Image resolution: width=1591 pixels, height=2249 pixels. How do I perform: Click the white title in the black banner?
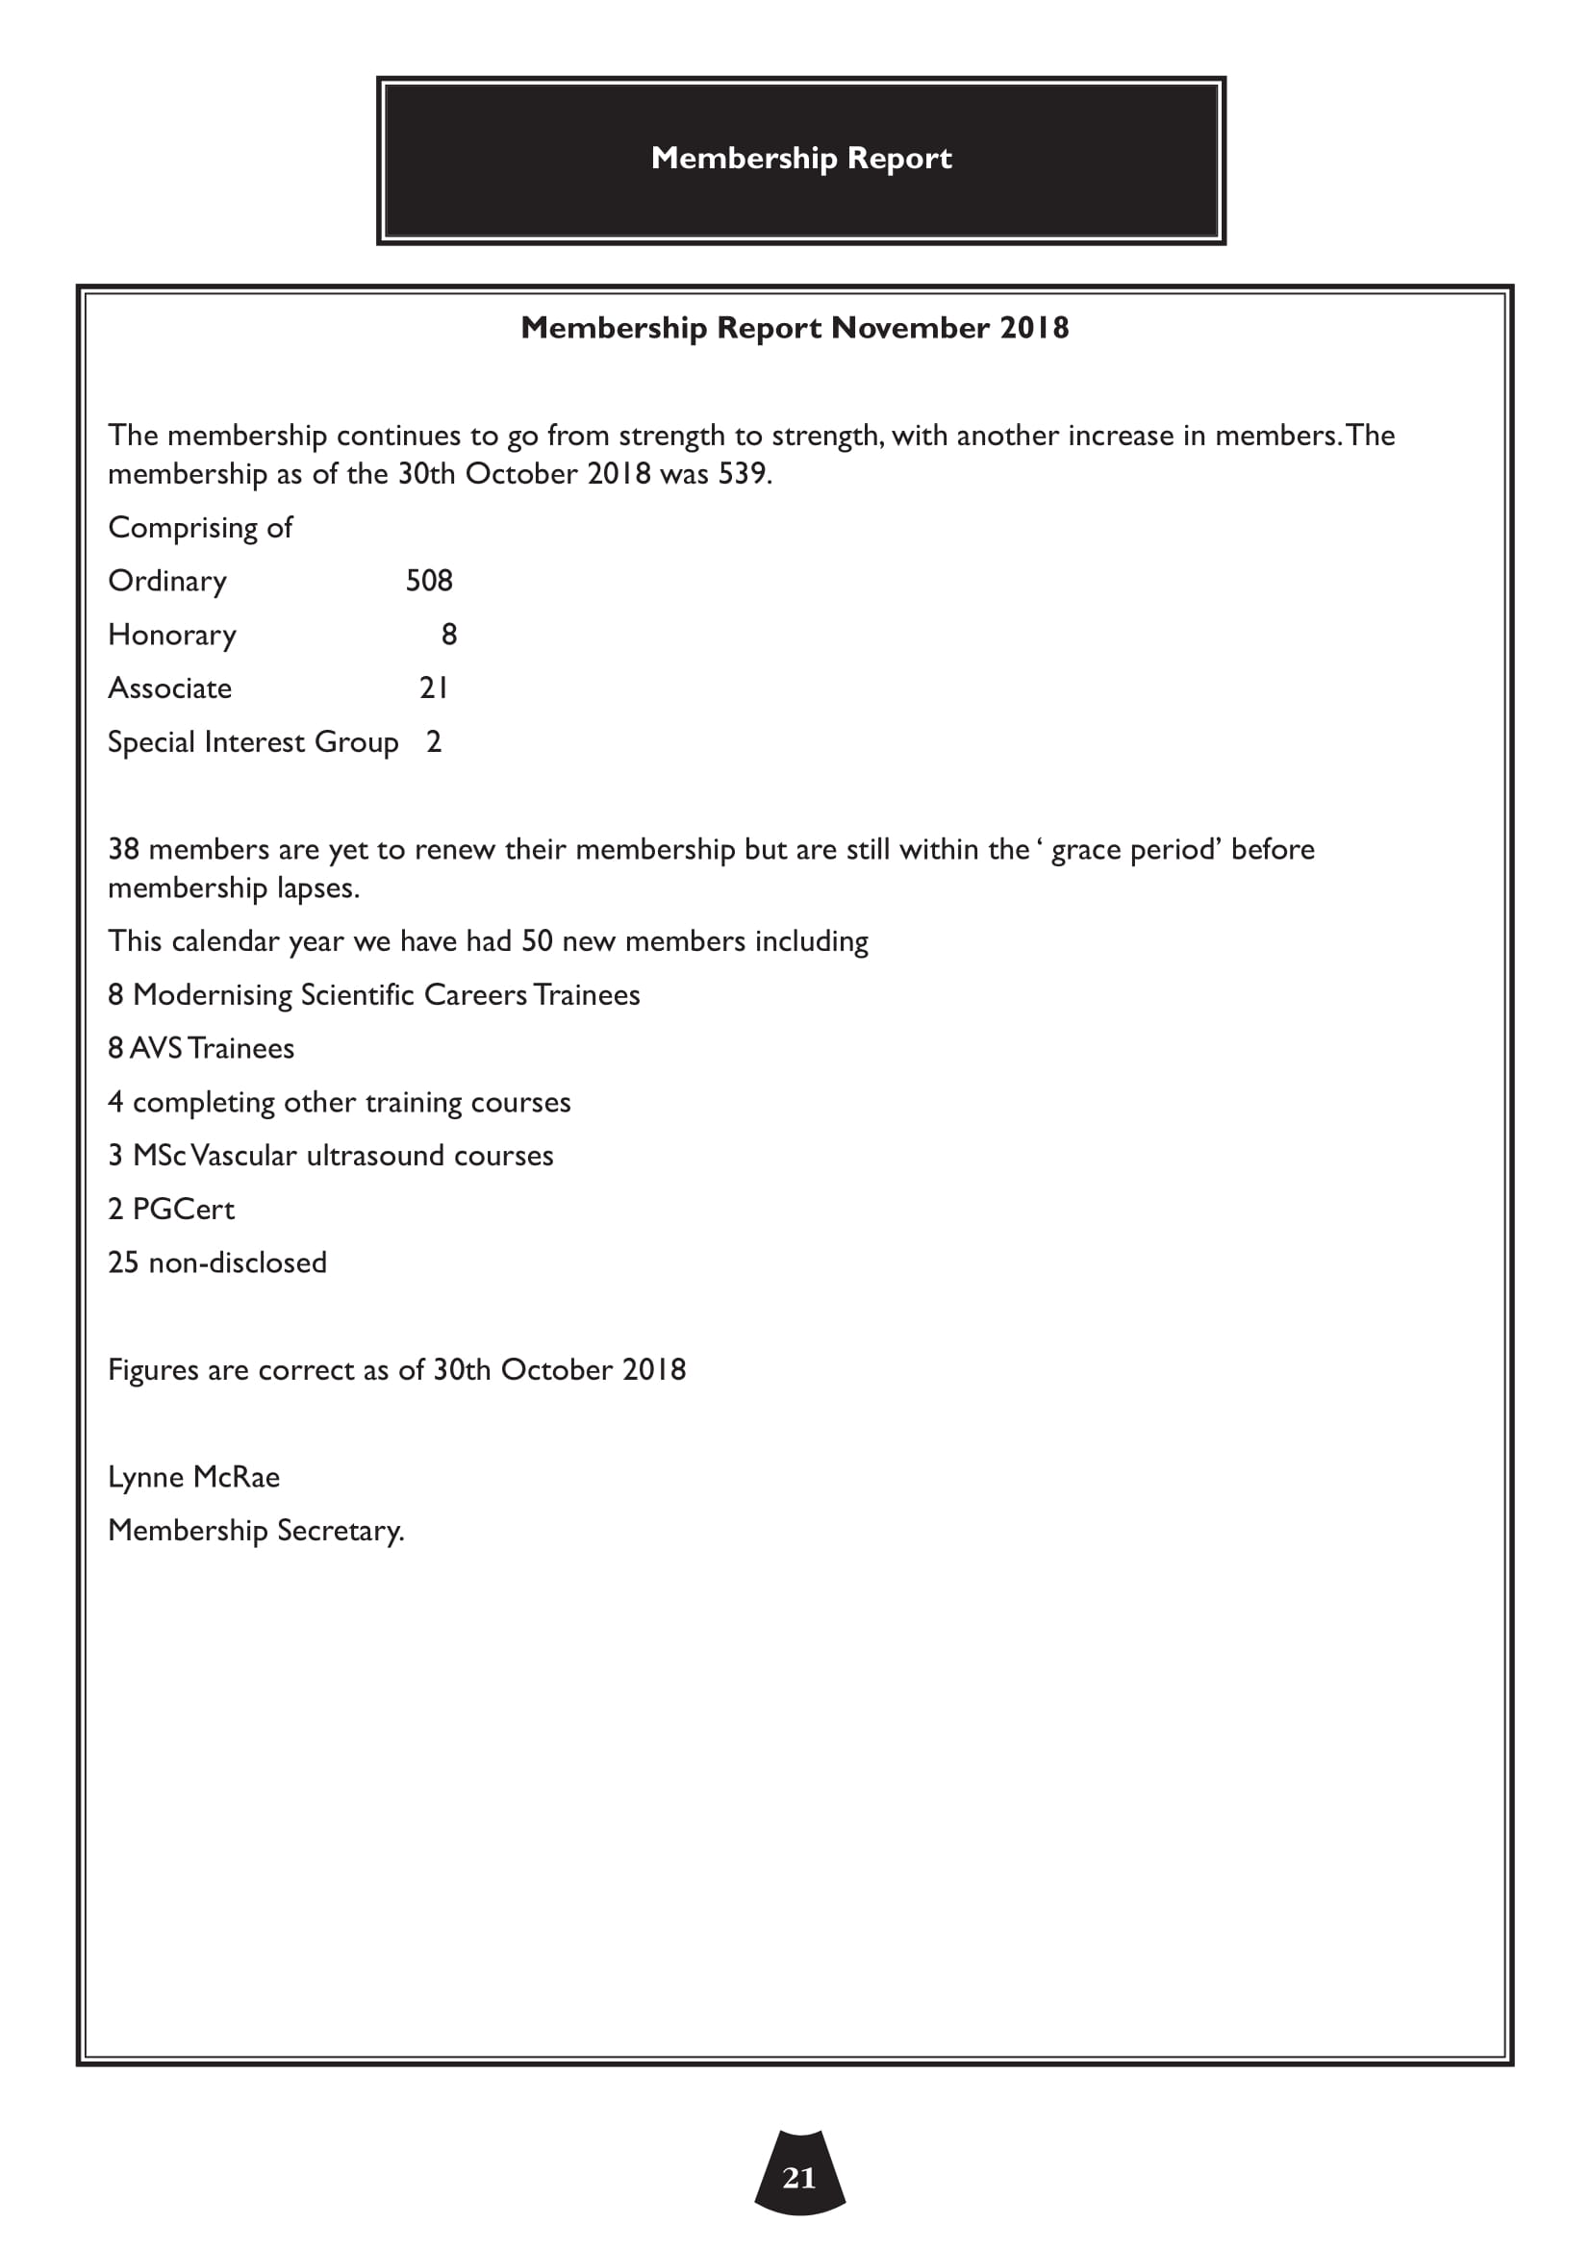[800, 158]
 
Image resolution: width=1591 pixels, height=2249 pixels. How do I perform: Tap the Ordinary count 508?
[429, 581]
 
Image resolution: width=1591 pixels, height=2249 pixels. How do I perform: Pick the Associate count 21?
[434, 688]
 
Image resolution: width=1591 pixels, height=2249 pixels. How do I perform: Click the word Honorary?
[172, 636]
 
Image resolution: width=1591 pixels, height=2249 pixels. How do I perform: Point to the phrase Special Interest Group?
[253, 742]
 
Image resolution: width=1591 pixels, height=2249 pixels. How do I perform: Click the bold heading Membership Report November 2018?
[795, 327]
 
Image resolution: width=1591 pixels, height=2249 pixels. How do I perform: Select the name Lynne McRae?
[194, 1477]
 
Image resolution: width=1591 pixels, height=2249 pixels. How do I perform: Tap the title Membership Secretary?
[256, 1531]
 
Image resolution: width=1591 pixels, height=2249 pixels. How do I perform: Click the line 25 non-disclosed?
[217, 1262]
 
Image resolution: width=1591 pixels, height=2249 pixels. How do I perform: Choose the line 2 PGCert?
[171, 1210]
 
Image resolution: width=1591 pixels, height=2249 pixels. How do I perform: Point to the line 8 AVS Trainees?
[201, 1049]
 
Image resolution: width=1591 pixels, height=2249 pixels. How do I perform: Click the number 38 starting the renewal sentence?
[123, 849]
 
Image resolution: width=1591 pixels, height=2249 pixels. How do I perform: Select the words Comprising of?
[200, 528]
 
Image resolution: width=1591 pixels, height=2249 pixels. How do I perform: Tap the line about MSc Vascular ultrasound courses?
[330, 1156]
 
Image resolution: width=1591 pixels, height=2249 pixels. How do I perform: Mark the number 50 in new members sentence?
[537, 941]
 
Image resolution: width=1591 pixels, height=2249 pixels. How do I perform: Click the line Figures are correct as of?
[396, 1369]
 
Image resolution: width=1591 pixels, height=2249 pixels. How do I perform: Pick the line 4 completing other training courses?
[339, 1103]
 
